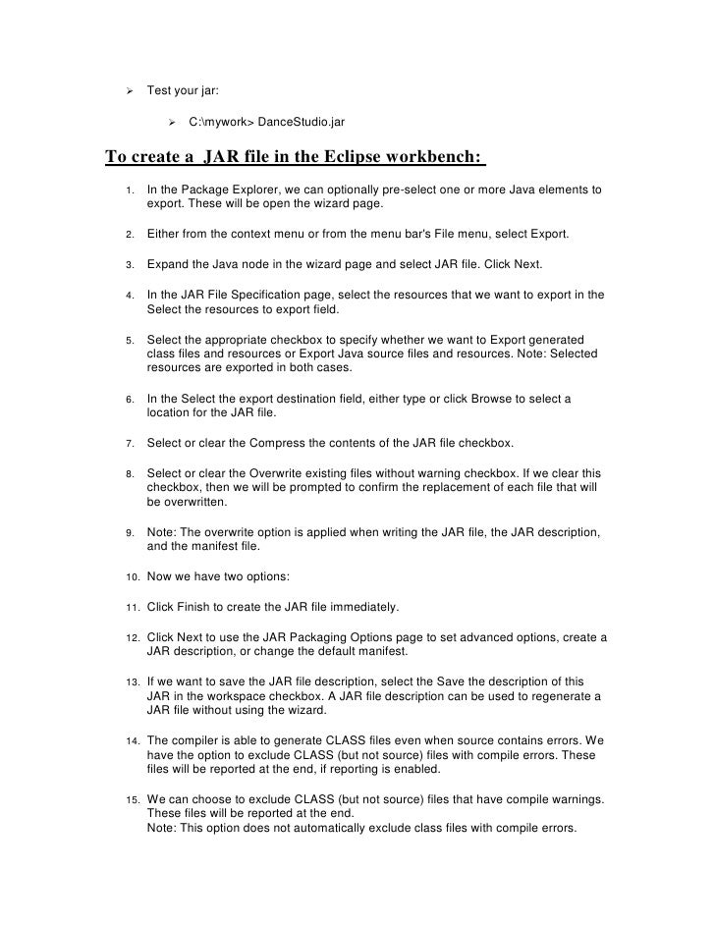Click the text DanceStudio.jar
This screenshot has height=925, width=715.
tap(295, 122)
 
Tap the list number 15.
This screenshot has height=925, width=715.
tap(131, 797)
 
